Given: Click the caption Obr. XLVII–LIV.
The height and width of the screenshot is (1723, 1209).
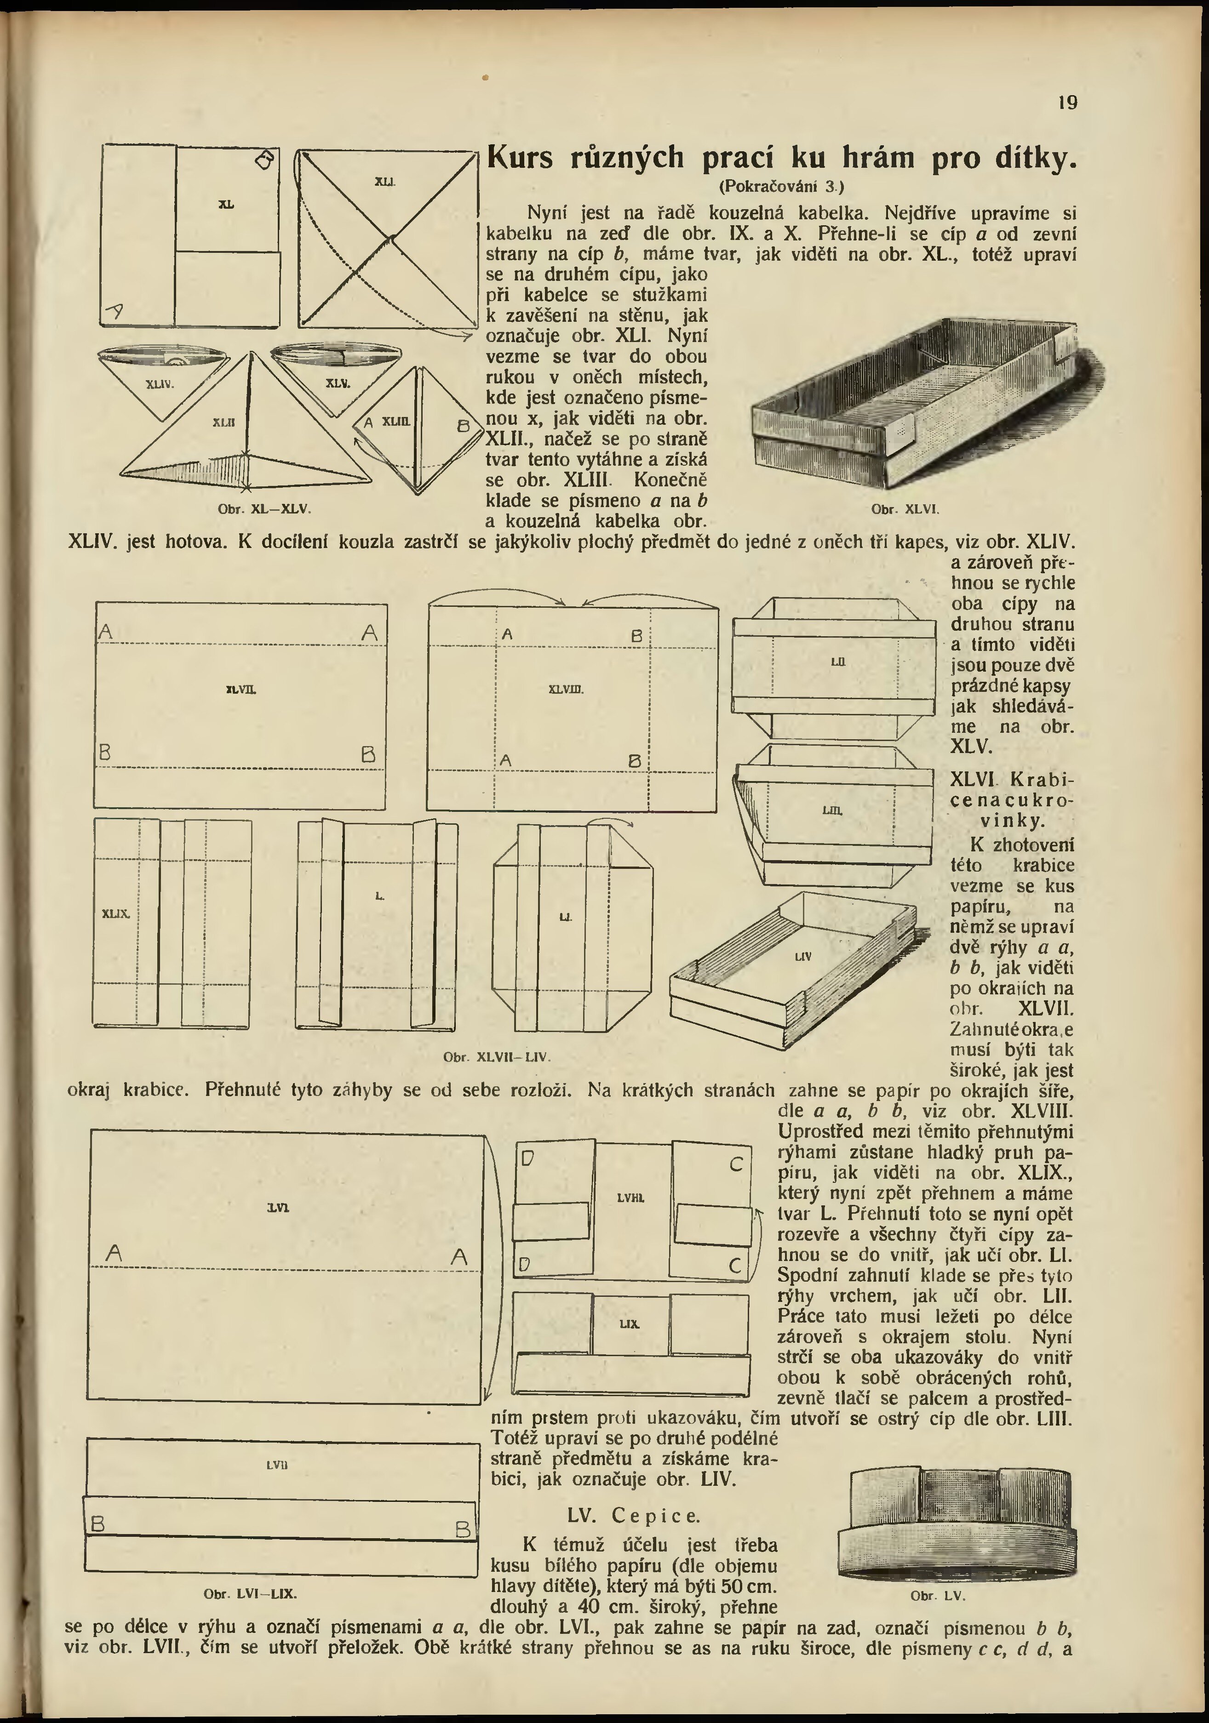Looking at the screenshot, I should coord(497,1056).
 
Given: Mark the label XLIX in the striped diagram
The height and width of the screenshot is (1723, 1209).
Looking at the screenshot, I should coord(116,913).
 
